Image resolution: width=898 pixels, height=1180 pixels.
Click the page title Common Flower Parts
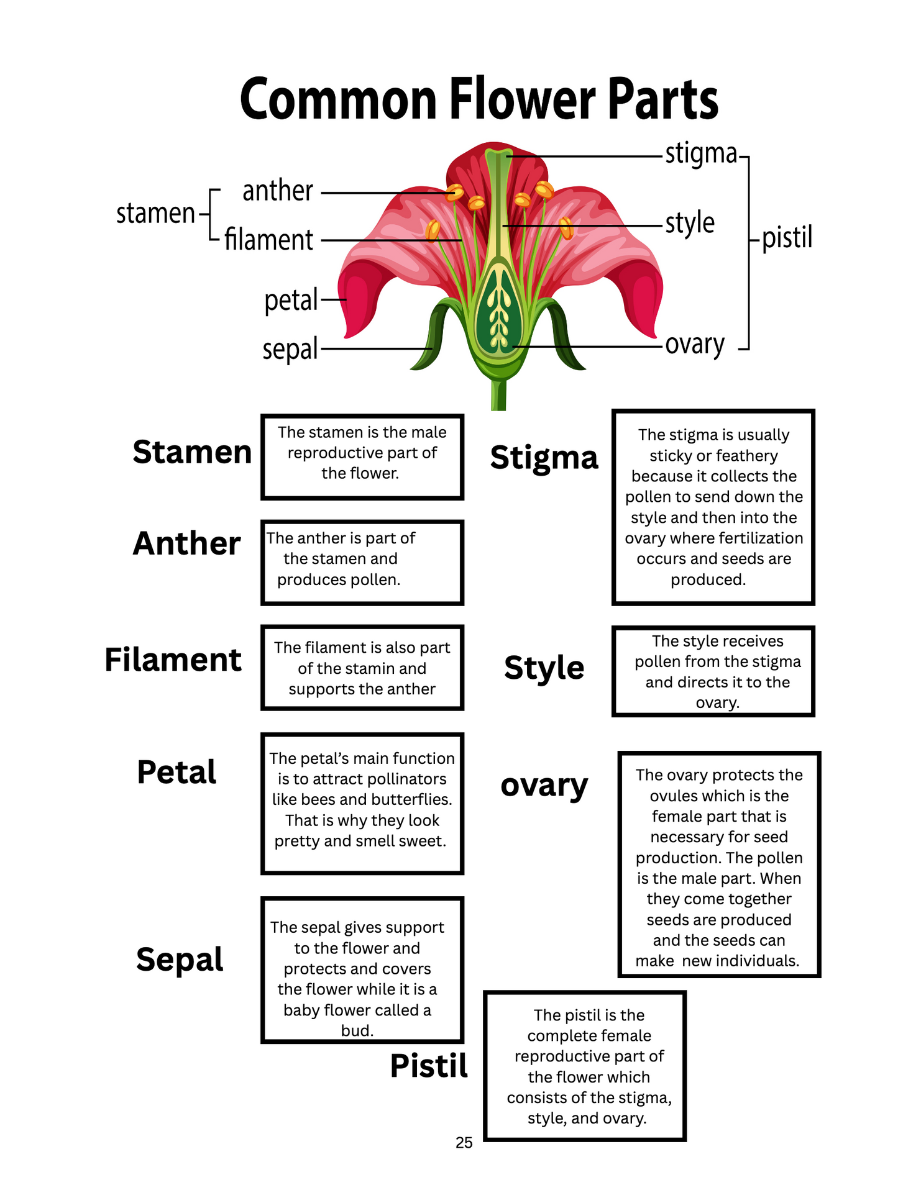tap(479, 99)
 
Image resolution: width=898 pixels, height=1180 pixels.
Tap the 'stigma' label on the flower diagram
tap(700, 153)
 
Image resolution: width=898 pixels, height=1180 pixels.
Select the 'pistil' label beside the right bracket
tap(787, 237)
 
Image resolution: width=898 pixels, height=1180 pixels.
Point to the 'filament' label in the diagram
tap(268, 240)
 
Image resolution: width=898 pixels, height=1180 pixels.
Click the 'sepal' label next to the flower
tap(290, 349)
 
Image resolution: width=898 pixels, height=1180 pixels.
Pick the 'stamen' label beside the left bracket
tap(155, 213)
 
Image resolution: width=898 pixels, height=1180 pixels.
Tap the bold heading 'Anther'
tap(186, 543)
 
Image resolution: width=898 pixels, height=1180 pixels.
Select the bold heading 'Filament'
tap(173, 660)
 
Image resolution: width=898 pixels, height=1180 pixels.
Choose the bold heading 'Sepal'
tap(180, 960)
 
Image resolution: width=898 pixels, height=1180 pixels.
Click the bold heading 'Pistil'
tap(429, 1066)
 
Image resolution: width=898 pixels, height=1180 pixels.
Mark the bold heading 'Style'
tap(544, 668)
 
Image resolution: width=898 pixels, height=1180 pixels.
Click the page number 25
tap(464, 1143)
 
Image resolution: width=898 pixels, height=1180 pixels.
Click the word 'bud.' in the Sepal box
tap(357, 1031)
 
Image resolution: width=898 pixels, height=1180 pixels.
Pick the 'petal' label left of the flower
tap(291, 301)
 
